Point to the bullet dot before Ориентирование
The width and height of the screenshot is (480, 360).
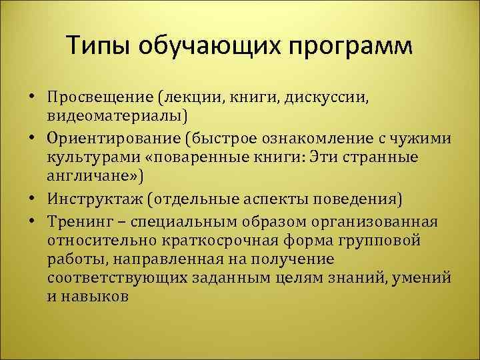point(32,138)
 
